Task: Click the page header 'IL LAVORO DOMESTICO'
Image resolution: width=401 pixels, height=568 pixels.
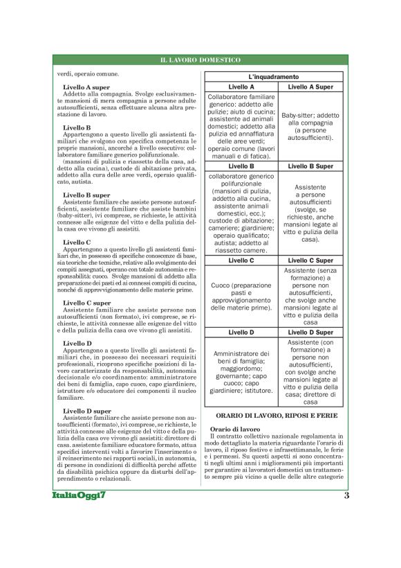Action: [200, 61]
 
